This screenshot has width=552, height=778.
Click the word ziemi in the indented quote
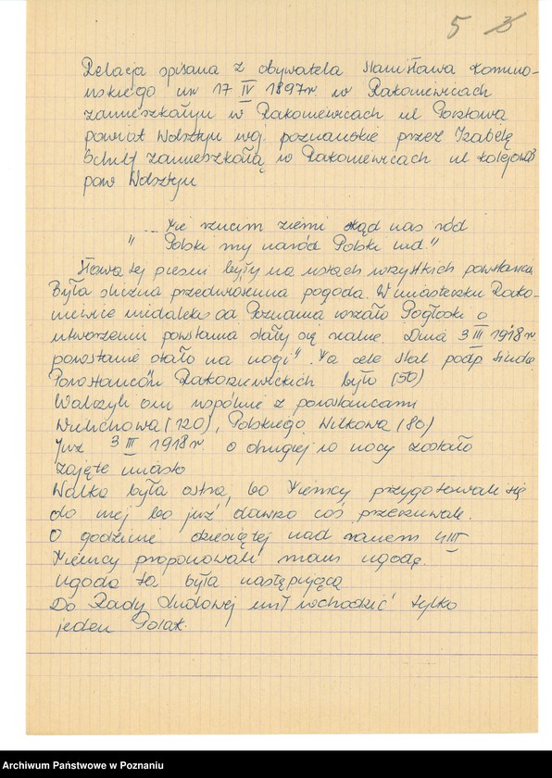click(x=275, y=225)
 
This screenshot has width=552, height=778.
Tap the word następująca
click(x=295, y=583)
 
